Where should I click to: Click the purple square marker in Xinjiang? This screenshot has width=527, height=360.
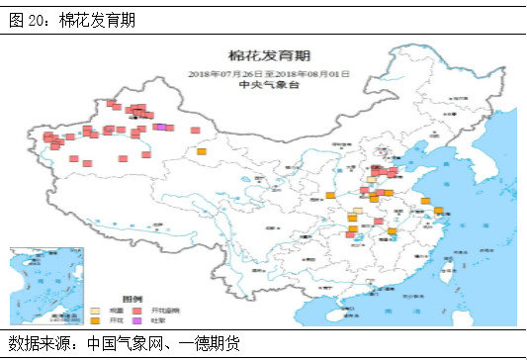(x=159, y=127)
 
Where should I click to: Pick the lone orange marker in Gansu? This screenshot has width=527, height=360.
(x=202, y=151)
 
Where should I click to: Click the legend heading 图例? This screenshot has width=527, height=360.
(x=132, y=298)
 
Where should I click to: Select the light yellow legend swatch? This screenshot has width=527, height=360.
(x=96, y=310)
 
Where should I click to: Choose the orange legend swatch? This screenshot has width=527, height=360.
(x=96, y=320)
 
